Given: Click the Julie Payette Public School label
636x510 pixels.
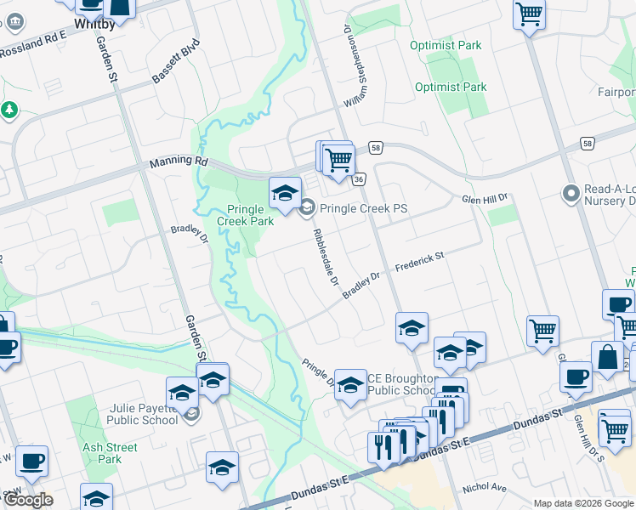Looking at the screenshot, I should pyautogui.click(x=143, y=414).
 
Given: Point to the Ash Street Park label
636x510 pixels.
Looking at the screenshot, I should pyautogui.click(x=110, y=453).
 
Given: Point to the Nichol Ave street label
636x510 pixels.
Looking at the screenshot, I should pyautogui.click(x=484, y=489).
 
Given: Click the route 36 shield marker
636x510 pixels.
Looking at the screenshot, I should pyautogui.click(x=360, y=179).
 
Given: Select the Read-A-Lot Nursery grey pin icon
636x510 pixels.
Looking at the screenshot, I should pyautogui.click(x=571, y=195).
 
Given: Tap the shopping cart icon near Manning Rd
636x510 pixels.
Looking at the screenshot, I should pyautogui.click(x=338, y=159).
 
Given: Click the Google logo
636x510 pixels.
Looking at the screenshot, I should pyautogui.click(x=27, y=500).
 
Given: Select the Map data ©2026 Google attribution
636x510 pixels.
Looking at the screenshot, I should pyautogui.click(x=583, y=503).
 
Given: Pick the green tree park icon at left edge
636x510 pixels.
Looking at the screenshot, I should pyautogui.click(x=9, y=110).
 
